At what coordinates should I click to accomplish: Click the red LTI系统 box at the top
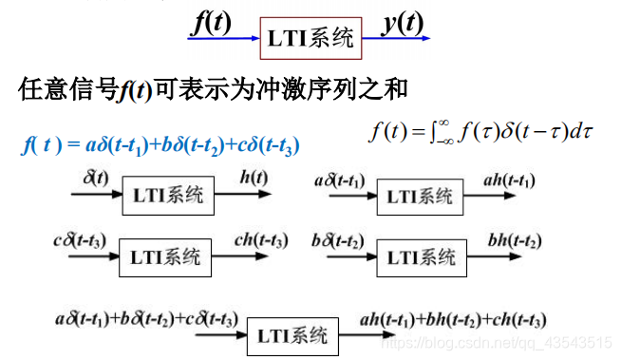[310, 39]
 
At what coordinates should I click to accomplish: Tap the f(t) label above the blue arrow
[211, 22]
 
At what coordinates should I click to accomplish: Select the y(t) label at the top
[403, 22]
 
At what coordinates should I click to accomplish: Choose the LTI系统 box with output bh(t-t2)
[420, 256]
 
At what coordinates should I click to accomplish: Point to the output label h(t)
[253, 178]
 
